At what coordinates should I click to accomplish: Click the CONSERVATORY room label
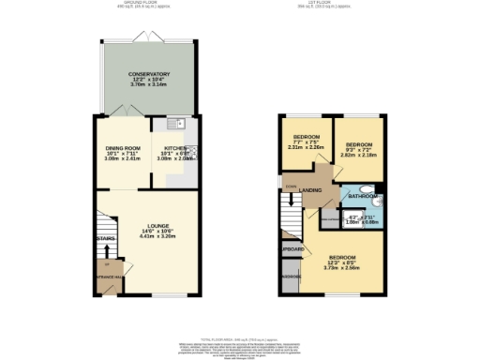[149, 74]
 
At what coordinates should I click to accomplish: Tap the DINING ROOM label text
[122, 148]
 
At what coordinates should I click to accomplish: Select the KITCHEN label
[175, 148]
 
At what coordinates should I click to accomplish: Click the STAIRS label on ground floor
[105, 239]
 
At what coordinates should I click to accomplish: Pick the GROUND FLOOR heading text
[148, 4]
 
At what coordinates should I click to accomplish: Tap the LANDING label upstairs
[312, 192]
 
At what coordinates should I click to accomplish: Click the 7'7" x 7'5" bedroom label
[306, 136]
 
